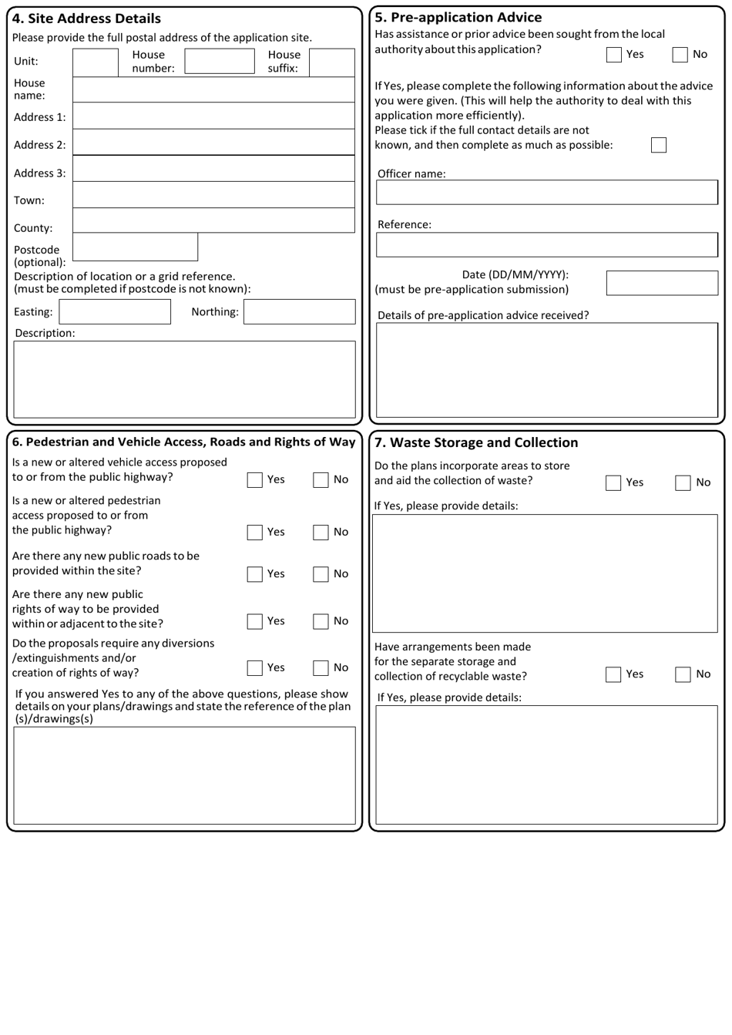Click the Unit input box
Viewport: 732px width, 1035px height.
pos(96,62)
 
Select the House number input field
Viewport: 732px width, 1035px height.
pos(219,61)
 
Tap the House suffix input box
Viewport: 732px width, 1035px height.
pos(332,62)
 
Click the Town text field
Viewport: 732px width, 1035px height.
pos(213,195)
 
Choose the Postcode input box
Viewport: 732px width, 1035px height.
pos(135,247)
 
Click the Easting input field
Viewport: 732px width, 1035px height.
pos(115,312)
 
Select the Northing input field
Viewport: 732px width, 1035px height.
pos(299,312)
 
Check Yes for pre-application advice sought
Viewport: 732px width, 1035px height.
pos(614,55)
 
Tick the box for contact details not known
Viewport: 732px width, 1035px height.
pos(658,145)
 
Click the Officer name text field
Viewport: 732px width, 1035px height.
pos(546,193)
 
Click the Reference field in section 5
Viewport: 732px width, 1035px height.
pos(546,245)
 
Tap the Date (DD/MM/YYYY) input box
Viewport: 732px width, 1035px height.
pos(661,283)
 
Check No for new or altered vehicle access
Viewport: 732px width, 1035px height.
pos(321,480)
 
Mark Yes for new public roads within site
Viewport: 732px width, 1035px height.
pos(255,574)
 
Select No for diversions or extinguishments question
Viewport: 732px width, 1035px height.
pos(321,668)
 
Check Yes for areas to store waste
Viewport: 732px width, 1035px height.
pos(613,483)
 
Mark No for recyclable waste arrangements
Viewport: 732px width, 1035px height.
pos(683,674)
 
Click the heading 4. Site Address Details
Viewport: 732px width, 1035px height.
pos(87,18)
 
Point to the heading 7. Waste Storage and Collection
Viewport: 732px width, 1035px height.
pos(476,442)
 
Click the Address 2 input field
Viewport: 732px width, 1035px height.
pos(213,142)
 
